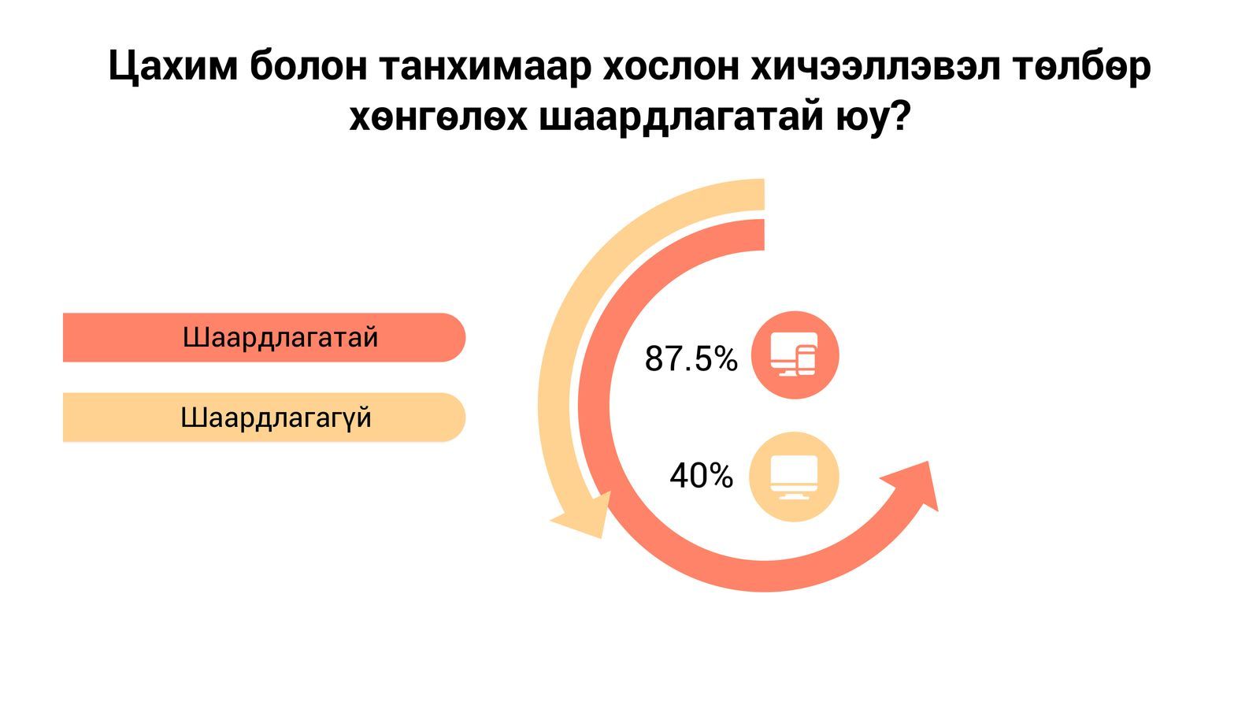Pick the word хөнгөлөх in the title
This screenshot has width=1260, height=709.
tap(438, 118)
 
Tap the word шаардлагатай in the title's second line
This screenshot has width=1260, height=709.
tap(680, 119)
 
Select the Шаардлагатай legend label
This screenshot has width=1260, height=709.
tap(280, 338)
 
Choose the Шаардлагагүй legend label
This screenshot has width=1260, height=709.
tap(276, 418)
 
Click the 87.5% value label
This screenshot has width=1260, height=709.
tap(691, 358)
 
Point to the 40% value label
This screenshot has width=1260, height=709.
tap(702, 476)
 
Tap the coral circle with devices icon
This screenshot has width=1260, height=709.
tap(795, 355)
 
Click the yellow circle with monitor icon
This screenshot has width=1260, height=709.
tap(794, 477)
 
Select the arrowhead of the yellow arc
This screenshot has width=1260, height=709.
tap(582, 517)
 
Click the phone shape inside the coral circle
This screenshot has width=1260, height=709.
tap(806, 360)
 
